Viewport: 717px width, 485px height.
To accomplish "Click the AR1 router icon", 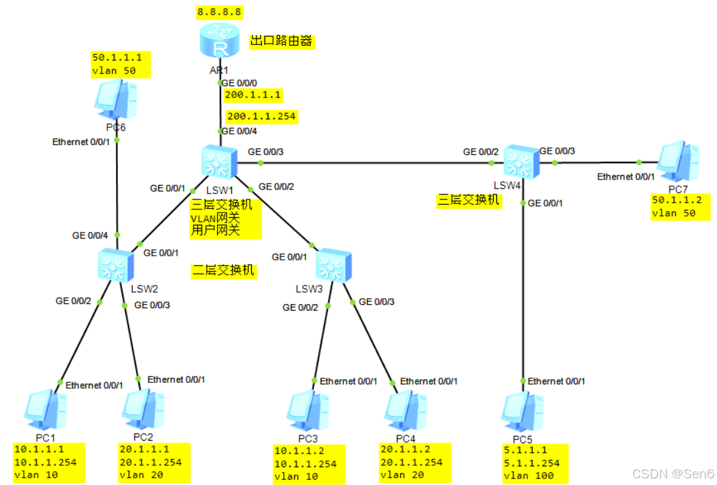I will pos(219,43).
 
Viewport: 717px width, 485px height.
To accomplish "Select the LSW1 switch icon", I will pos(218,162).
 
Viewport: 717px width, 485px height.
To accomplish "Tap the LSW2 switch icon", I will pos(116,266).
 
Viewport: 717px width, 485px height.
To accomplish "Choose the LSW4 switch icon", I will pos(522,161).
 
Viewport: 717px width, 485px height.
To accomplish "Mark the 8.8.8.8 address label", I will pos(219,12).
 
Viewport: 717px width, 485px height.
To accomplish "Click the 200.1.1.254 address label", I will pos(261,117).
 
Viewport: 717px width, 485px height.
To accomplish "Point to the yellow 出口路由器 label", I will pos(281,41).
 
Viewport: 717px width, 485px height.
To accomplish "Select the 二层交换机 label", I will pos(223,270).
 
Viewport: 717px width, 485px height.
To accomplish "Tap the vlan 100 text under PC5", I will pos(528,476).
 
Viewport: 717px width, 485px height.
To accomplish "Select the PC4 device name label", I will pos(406,439).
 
